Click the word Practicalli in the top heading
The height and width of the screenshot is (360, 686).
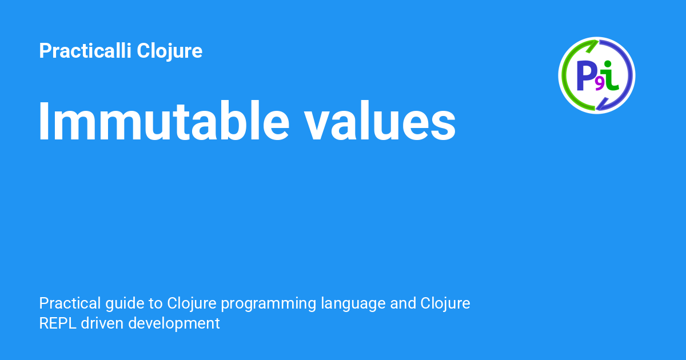85,51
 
